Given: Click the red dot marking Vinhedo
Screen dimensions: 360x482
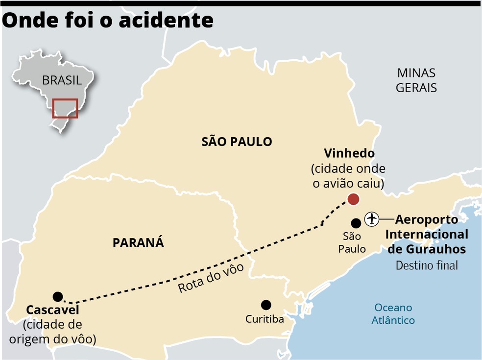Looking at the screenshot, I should point(353,199).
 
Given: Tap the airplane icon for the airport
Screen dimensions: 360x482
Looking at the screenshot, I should point(372,218).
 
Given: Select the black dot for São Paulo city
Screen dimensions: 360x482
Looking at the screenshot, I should point(356,223).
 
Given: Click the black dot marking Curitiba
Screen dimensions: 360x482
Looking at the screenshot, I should point(266,305).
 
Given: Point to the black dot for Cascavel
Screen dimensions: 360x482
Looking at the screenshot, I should point(58,296).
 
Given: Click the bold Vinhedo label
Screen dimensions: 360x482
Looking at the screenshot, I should point(349,154).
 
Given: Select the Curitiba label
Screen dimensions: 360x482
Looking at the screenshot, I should point(265,319).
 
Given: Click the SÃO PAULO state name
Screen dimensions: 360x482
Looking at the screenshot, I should point(237,142).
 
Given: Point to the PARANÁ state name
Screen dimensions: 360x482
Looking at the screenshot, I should point(138,242).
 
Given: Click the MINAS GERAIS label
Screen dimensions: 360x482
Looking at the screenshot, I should point(416,81).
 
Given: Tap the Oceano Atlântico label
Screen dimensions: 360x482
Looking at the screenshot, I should point(393,314).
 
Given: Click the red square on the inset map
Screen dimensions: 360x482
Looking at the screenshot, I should point(66,108).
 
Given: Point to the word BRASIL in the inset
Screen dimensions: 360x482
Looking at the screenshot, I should point(62,80).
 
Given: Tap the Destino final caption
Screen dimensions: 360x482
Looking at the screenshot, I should point(427,265).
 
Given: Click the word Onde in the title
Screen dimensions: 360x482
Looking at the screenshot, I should point(30,21).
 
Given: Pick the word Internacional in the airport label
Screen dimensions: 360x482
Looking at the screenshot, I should point(426,234).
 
